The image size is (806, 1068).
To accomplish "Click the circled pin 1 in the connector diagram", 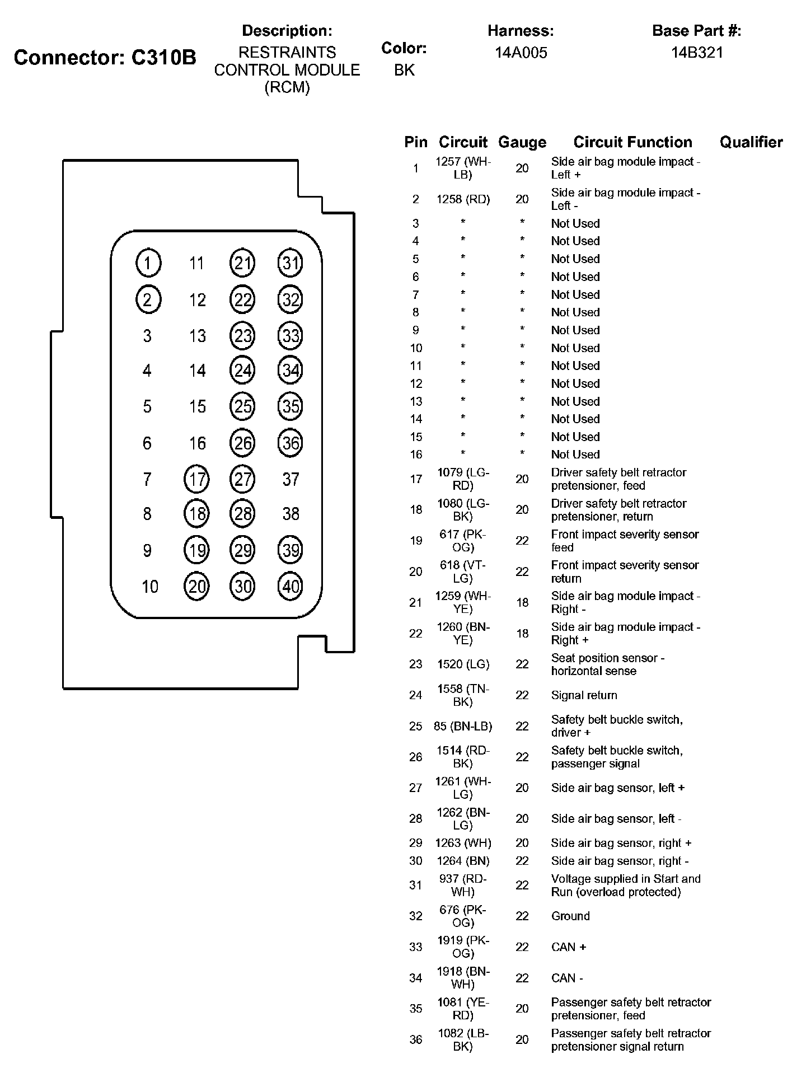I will [x=148, y=263].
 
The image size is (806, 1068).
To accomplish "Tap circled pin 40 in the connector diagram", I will [x=290, y=586].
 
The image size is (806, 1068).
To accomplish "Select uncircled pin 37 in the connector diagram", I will [x=290, y=479].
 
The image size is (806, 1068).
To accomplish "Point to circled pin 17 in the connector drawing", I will [x=196, y=479].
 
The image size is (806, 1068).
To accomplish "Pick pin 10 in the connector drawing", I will [x=149, y=587].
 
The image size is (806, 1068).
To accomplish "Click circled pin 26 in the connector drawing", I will [x=243, y=443].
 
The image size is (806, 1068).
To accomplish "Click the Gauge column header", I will [x=522, y=142].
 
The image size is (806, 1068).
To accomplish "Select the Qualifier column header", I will [x=751, y=142].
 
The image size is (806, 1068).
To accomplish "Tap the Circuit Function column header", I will [x=632, y=142].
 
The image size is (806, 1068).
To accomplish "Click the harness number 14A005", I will [x=521, y=53].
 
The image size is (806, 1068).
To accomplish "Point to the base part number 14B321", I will [x=697, y=53].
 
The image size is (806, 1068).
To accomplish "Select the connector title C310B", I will [x=105, y=57].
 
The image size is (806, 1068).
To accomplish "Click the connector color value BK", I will [x=404, y=70].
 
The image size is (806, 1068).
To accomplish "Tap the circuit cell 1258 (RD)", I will [x=463, y=199].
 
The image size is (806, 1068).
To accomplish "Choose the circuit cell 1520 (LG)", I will [x=463, y=664].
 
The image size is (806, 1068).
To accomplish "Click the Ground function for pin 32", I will [x=570, y=916].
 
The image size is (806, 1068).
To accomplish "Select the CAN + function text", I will [x=568, y=947].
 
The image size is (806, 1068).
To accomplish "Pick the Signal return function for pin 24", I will [x=584, y=695].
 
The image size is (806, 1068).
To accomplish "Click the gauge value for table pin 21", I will [x=522, y=602].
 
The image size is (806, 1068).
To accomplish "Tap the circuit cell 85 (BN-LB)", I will [x=463, y=726].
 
